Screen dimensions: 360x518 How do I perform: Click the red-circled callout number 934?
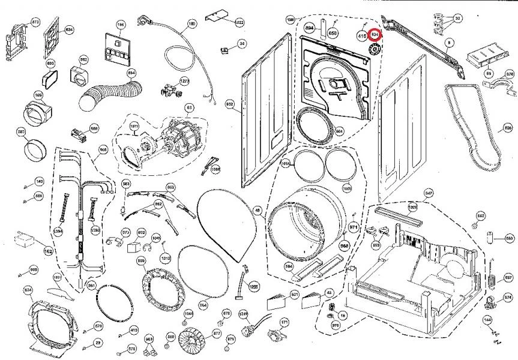point(375,35)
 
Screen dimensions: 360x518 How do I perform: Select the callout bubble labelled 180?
point(192,23)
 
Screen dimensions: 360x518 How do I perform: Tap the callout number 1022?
point(238,23)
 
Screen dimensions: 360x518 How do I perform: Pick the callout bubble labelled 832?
point(229,104)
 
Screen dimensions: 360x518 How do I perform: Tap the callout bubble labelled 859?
point(142,261)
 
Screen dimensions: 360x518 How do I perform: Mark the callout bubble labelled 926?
point(508,128)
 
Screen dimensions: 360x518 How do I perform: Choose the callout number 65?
point(488,73)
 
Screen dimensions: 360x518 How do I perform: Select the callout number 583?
point(21,131)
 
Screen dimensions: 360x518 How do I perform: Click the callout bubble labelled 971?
point(354,227)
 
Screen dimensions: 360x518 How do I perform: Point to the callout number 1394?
point(59,231)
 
